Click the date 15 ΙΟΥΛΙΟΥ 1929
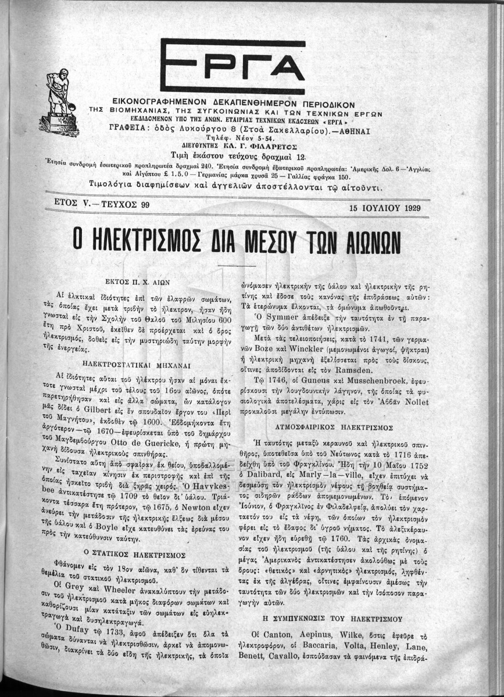385,207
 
